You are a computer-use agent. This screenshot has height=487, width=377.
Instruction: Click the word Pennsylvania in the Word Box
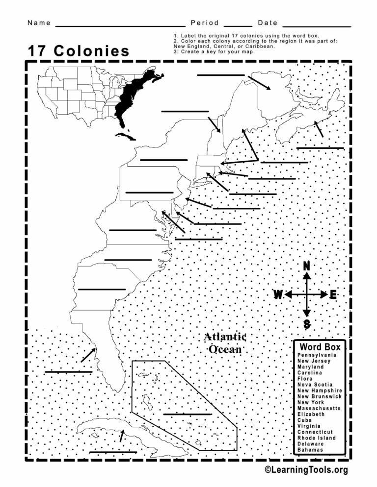317,355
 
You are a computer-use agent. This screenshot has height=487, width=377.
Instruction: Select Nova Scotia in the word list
315,385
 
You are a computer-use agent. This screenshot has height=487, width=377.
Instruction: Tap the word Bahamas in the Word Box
310,450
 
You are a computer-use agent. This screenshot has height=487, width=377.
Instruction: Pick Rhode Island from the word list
317,438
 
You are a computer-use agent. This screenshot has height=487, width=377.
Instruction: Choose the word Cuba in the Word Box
304,420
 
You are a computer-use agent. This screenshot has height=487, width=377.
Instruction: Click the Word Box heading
320,346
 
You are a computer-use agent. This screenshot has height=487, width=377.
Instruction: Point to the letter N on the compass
306,266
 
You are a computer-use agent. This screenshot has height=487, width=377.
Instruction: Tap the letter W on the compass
278,295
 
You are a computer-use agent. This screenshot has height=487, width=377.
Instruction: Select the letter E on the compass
333,295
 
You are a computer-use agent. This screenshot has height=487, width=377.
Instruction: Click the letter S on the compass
306,324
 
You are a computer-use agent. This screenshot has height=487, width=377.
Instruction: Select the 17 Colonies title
79,51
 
